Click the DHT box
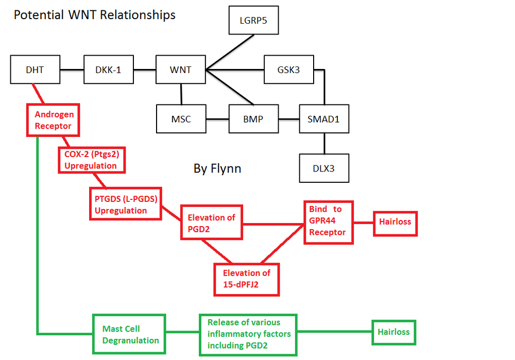(x=35, y=69)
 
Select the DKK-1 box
(x=109, y=69)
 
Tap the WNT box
(x=180, y=69)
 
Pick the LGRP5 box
(x=253, y=21)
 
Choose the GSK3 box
(x=289, y=69)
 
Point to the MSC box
(x=181, y=119)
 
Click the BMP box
(x=253, y=119)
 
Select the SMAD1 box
(x=324, y=119)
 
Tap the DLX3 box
(x=324, y=168)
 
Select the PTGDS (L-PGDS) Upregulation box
(x=126, y=204)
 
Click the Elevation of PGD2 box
(x=211, y=222)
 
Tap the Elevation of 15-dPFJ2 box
(x=246, y=279)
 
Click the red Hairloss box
(x=395, y=222)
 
